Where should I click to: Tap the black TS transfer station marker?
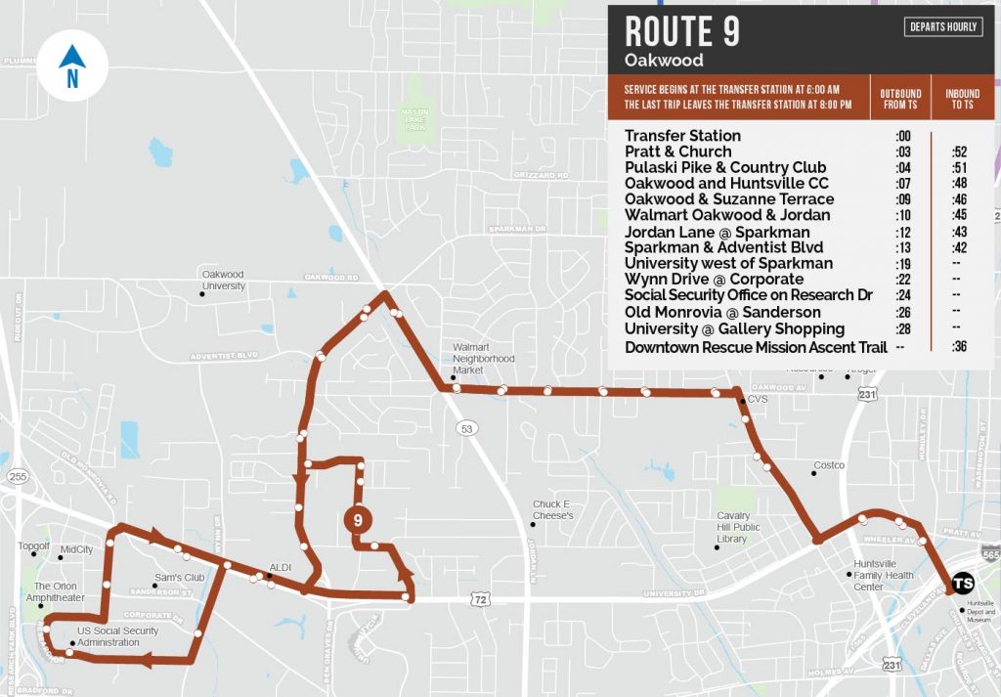coord(963,582)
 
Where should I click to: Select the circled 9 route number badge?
coord(358,520)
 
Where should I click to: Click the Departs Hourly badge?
coord(942,27)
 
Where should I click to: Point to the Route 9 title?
coord(682,31)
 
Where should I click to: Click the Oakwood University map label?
coord(223,281)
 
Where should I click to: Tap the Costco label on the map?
coord(829,465)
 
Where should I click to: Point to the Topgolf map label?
coord(33,546)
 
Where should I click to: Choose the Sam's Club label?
coord(178,577)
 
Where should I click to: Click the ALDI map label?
coord(281,568)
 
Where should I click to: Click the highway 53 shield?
coord(466,427)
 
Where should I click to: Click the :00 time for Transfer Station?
coord(903,136)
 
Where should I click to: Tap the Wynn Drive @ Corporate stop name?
coord(714,280)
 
